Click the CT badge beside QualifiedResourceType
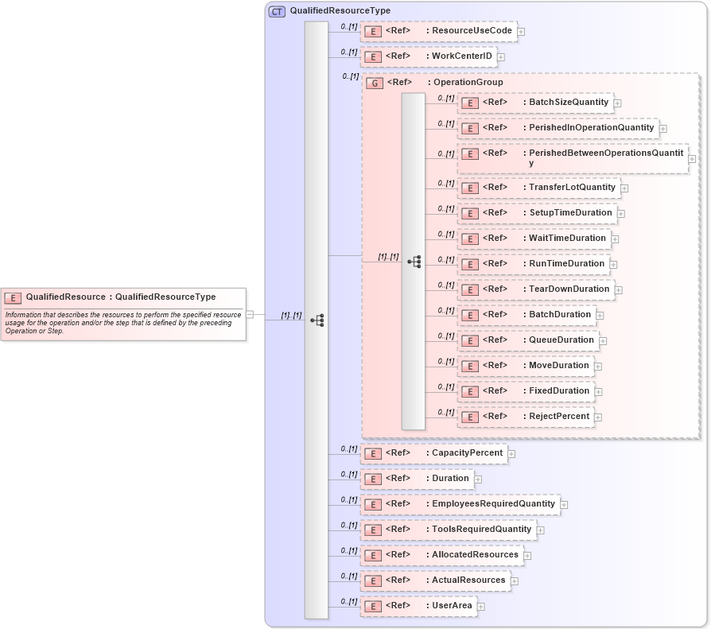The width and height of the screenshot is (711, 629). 277,11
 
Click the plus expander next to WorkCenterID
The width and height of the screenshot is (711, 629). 501,57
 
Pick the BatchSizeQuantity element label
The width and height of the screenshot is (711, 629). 569,103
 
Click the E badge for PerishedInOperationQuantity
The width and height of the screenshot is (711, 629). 470,128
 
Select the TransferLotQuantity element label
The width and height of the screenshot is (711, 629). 572,188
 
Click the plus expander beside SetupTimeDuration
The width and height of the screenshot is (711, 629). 621,214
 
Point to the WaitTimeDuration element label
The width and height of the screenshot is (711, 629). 567,238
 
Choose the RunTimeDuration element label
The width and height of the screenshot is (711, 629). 567,263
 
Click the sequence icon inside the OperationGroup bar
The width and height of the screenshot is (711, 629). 414,261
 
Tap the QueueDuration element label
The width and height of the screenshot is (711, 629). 561,340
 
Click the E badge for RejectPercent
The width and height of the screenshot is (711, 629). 470,417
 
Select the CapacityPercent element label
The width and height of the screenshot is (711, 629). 468,452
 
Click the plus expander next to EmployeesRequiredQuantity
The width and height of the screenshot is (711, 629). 564,504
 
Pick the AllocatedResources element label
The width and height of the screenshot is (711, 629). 475,554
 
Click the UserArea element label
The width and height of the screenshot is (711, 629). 452,605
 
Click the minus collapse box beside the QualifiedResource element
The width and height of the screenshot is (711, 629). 250,314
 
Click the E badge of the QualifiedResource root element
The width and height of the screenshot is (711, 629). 13,297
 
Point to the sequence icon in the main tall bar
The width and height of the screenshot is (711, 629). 317,320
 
